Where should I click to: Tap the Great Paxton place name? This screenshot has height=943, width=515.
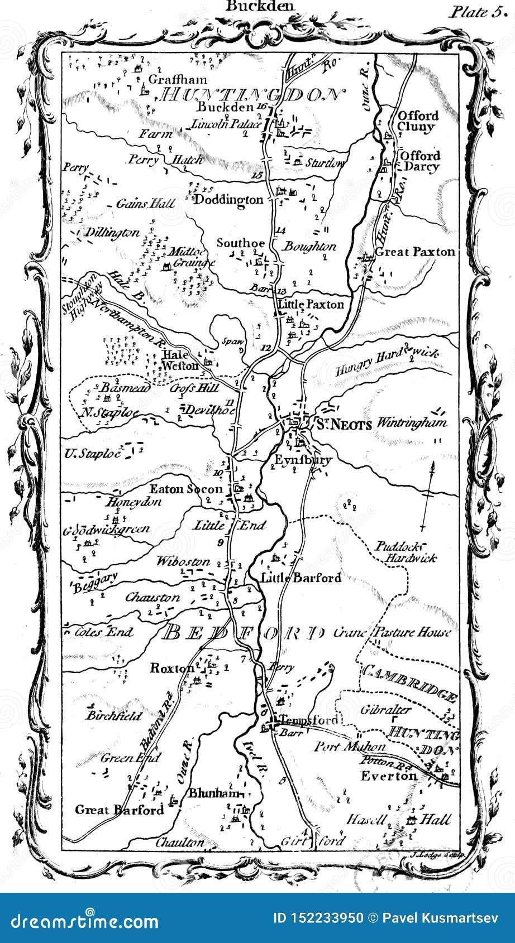414,252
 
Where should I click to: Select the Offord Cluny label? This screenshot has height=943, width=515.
417,121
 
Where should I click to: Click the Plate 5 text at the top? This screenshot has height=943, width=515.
479,12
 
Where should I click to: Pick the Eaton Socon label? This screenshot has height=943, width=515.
185,489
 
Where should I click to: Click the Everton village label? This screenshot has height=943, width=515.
389,776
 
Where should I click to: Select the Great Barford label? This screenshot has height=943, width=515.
119,809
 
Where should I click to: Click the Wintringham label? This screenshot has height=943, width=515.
412,422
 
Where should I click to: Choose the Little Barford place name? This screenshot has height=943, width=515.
301,578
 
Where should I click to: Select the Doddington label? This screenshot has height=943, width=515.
228,200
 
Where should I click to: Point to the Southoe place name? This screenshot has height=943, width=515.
240,243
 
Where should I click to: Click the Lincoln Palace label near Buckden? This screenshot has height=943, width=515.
226,124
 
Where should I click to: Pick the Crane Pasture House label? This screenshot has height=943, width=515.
392,632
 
